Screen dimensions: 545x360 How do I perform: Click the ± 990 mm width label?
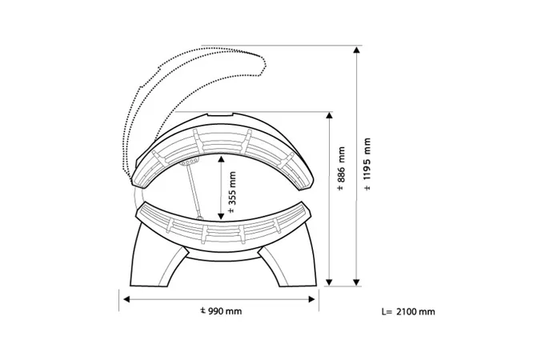pos(221,310)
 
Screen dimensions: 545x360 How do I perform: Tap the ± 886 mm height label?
pos(341,169)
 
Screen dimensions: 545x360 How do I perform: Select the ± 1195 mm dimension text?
pos(367,164)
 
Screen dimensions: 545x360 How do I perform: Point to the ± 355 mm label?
pos(232,192)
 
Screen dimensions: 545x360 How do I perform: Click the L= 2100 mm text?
pos(408,311)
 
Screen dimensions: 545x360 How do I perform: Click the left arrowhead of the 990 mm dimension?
pos(126,299)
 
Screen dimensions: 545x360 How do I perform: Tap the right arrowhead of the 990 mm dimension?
pos(312,299)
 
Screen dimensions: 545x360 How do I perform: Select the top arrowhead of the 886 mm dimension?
pos(330,115)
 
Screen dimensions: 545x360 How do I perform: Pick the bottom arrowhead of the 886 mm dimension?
pos(330,282)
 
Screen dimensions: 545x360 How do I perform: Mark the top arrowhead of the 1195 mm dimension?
pos(356,50)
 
